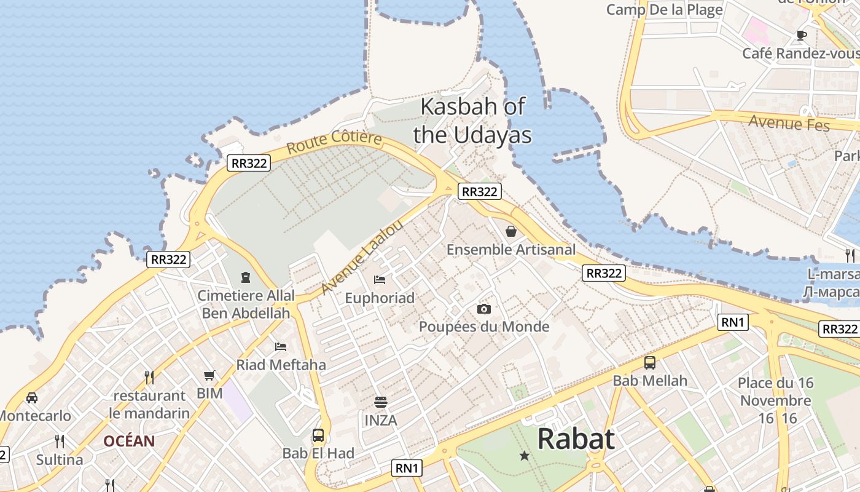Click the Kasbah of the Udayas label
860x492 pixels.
pos(472,121)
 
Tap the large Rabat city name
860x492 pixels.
pos(576,439)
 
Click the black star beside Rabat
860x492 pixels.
pos(525,456)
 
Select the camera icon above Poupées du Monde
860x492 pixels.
pos(484,309)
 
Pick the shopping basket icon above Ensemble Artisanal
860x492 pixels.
pos(510,231)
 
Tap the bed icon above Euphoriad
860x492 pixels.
pos(380,280)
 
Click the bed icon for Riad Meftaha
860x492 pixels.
pos(281,347)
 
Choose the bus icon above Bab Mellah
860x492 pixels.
pos(650,363)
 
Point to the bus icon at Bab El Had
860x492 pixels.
pos(318,435)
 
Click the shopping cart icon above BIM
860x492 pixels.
pos(209,375)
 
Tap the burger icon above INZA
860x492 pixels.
pos(381,402)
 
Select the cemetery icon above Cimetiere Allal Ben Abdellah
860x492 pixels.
pos(246,277)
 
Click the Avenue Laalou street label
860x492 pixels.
pos(362,256)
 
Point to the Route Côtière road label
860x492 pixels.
pos(334,143)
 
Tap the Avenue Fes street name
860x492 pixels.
pos(789,122)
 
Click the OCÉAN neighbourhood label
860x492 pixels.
pos(129,441)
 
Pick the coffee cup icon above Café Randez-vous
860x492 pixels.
pos(801,35)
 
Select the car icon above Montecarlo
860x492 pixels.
pos(32,398)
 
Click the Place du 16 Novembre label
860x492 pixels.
pos(775,392)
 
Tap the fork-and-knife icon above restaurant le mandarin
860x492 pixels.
pos(149,377)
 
